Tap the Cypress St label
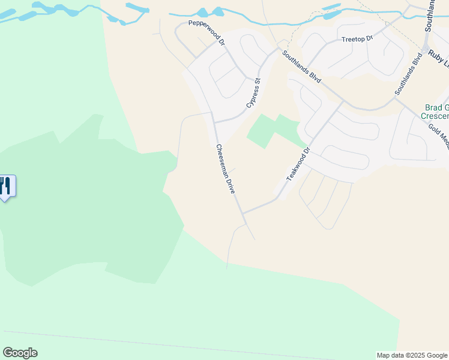[254, 93]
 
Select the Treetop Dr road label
[357, 38]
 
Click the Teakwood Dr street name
[298, 164]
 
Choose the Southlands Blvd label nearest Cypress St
[303, 68]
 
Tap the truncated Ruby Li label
[438, 53]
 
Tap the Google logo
[20, 353]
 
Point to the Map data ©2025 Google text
[412, 355]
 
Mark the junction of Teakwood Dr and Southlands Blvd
[343, 101]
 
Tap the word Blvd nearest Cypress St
[315, 78]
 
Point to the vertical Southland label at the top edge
[430, 16]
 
